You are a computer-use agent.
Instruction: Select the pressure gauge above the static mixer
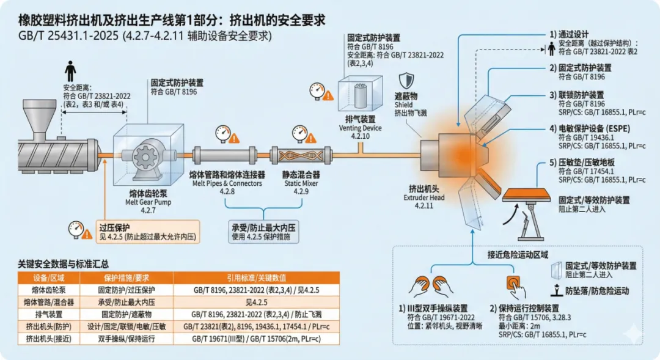click(x=299, y=132)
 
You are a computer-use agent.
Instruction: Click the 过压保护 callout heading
click(x=114, y=227)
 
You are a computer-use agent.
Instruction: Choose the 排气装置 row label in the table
click(x=43, y=314)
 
